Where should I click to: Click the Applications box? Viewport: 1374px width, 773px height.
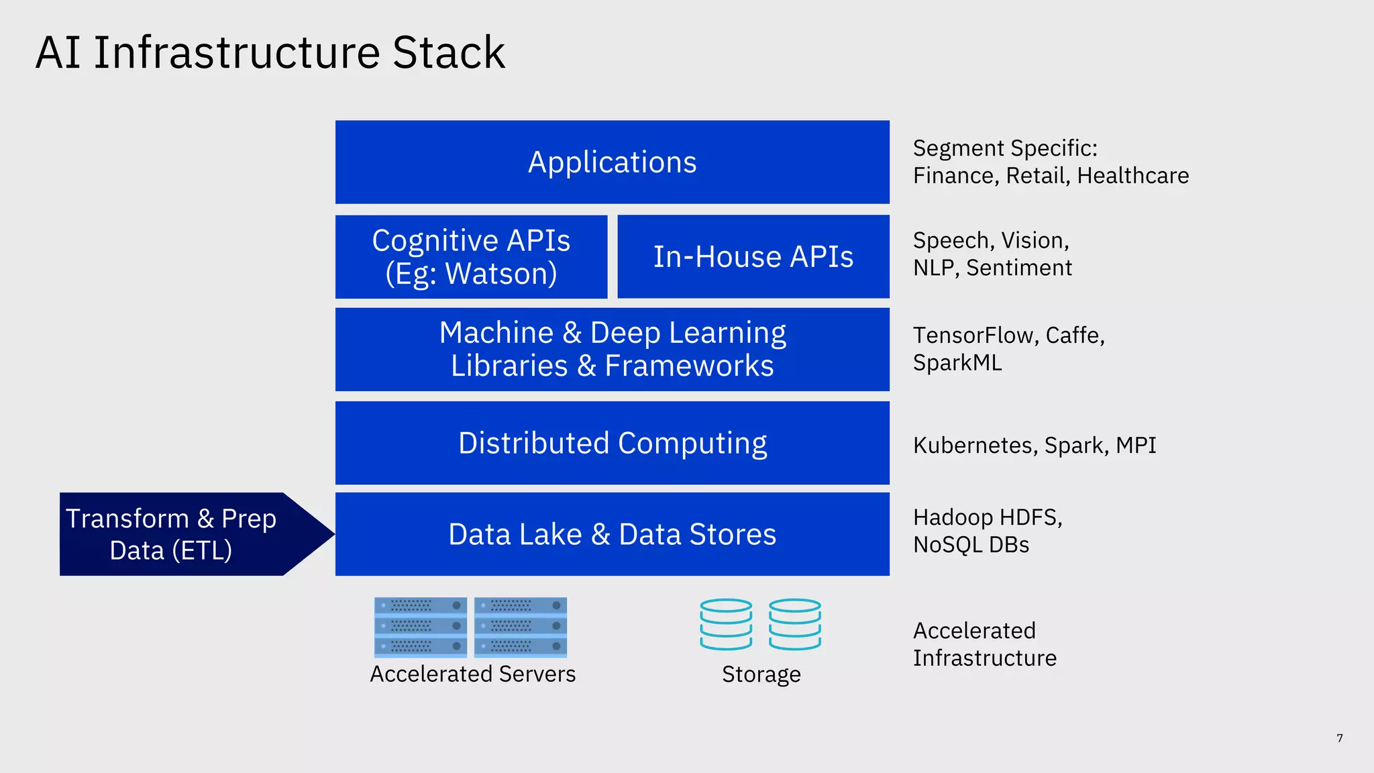coord(612,162)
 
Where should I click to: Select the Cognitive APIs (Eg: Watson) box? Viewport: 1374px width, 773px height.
coord(471,257)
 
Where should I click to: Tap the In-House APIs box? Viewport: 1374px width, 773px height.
coord(753,257)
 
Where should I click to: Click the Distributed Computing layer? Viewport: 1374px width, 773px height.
coord(612,443)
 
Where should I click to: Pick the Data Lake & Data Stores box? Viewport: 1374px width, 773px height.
coord(612,534)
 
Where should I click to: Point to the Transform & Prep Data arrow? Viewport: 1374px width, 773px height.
coord(181,534)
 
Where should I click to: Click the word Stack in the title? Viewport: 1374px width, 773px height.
coord(448,52)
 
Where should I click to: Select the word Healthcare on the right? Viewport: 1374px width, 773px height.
coord(1132,176)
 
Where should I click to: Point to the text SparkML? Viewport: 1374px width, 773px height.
coord(957,363)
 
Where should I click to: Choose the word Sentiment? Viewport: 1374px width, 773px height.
coord(1018,268)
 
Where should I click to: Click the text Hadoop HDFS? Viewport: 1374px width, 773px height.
coord(987,517)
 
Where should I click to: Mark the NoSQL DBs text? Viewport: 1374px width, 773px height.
coord(971,545)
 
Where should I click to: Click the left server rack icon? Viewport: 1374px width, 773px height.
coord(421,627)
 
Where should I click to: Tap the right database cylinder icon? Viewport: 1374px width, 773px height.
coord(795,624)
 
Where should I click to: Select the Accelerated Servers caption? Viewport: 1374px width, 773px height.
coord(472,674)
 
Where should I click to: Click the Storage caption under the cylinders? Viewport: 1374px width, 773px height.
coord(761,674)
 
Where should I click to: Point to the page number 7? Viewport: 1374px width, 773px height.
coord(1339,738)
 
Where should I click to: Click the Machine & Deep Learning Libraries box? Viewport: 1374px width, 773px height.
coord(612,350)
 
